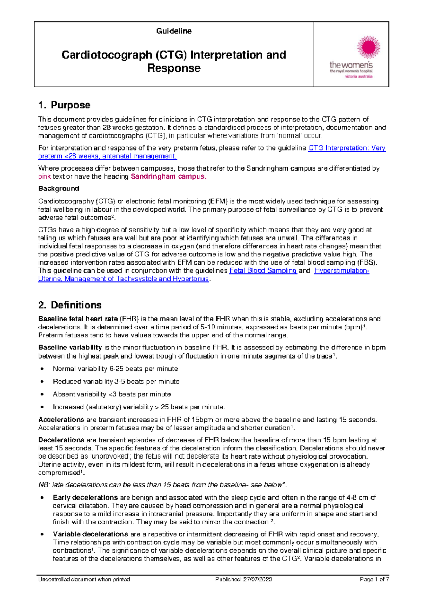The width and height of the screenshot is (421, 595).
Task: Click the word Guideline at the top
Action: (x=174, y=31)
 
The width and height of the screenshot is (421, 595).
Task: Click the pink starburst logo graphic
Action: (x=368, y=47)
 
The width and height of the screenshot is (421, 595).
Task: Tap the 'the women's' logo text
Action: (x=351, y=65)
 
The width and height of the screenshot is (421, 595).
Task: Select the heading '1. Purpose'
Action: (x=64, y=105)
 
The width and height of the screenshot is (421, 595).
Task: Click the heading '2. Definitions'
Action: (x=70, y=305)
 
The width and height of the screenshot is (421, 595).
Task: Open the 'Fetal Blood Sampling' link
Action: (x=263, y=270)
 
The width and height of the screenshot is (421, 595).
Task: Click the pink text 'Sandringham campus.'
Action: (x=168, y=176)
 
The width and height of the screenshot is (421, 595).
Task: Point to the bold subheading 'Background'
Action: (x=59, y=189)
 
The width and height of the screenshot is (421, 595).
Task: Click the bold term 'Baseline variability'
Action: (x=70, y=347)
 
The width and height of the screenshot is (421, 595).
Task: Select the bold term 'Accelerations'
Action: (x=61, y=420)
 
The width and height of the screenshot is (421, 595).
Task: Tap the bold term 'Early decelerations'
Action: (x=85, y=497)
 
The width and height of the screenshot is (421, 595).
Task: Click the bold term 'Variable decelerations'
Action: (x=90, y=534)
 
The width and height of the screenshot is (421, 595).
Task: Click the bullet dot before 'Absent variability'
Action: (x=42, y=394)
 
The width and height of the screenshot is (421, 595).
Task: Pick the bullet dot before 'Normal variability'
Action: (x=42, y=369)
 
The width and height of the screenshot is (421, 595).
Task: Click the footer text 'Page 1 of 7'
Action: (x=374, y=579)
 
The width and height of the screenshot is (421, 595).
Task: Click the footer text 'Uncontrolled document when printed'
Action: (x=84, y=579)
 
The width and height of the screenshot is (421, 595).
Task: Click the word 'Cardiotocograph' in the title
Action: (x=107, y=55)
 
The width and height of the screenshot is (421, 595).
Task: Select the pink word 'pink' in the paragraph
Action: (x=45, y=176)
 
